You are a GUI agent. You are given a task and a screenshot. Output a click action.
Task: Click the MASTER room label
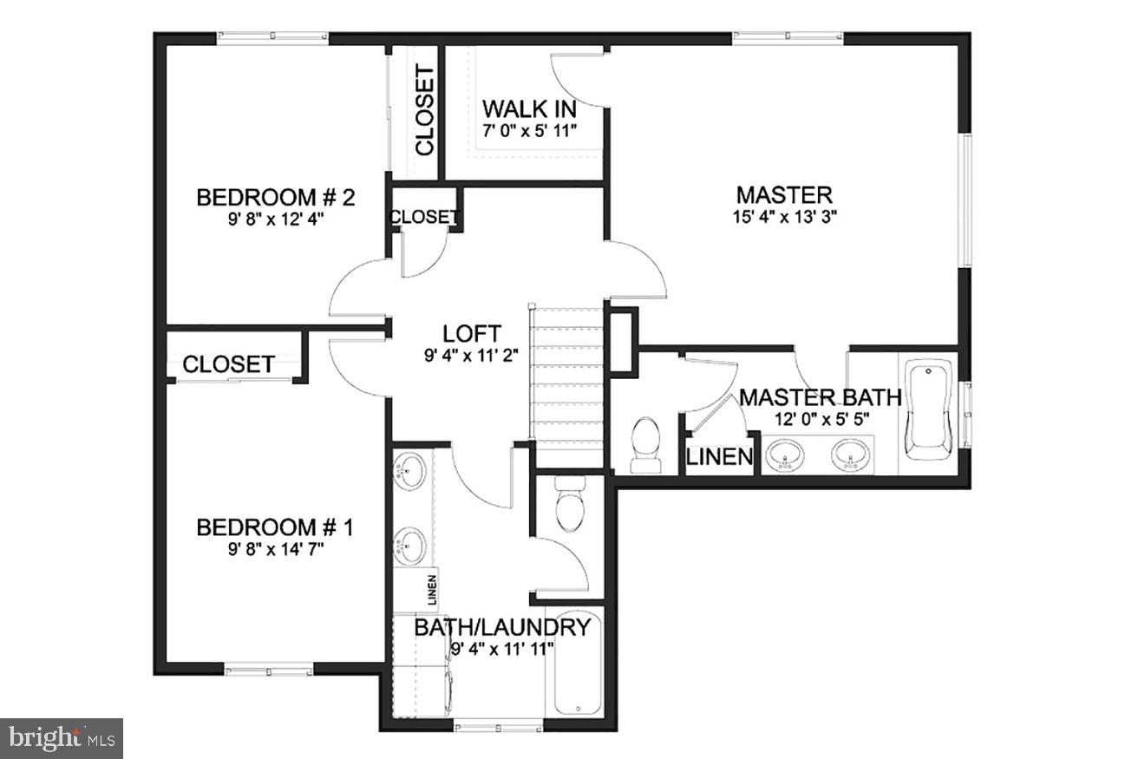coord(784,194)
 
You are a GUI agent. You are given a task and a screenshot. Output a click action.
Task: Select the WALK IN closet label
coord(529,109)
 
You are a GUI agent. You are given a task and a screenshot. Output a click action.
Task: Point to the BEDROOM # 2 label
coord(276,197)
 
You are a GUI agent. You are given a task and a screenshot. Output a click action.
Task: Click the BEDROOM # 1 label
coord(275,527)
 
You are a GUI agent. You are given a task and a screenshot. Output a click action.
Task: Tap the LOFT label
coord(471,333)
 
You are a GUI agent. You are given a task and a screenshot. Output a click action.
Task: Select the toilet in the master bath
coord(644,445)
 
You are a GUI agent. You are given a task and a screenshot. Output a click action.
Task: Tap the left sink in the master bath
coord(787,455)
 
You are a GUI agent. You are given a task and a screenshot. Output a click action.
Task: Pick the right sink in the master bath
coord(850,455)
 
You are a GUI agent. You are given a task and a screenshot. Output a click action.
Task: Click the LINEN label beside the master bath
coord(719,456)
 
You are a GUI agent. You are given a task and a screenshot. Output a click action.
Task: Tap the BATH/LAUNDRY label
coord(501,627)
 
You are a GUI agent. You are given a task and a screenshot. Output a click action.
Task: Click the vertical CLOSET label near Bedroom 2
coord(425,111)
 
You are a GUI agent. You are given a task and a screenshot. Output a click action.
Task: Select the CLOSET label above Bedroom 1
coord(229,364)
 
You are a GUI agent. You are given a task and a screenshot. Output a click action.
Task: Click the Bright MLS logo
coord(62,738)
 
